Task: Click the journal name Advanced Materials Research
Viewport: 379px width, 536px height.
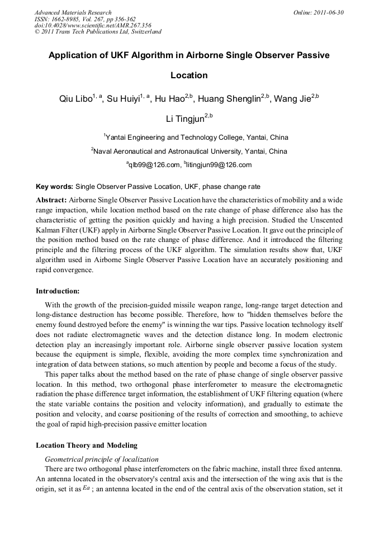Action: (x=73, y=12)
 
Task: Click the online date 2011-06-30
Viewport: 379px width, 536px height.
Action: (x=328, y=12)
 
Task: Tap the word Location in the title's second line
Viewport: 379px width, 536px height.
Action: (x=189, y=75)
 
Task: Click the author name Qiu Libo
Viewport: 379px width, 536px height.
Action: (x=75, y=99)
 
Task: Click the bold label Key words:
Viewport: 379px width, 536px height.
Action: (x=54, y=187)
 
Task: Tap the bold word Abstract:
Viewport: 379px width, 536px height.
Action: (x=51, y=200)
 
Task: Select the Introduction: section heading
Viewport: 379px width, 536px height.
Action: (x=58, y=291)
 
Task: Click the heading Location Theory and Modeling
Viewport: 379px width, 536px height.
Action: (x=86, y=445)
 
